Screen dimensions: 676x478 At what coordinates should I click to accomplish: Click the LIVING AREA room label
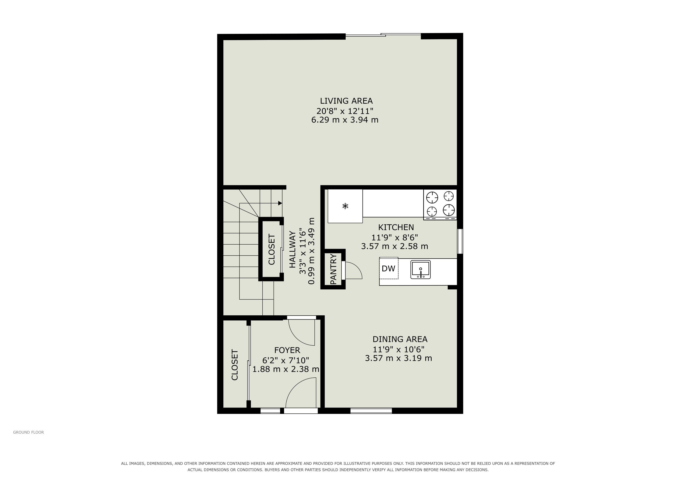(x=346, y=101)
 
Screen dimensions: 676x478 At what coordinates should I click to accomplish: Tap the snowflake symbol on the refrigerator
(x=345, y=206)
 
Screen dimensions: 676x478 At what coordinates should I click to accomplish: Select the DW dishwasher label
(x=388, y=268)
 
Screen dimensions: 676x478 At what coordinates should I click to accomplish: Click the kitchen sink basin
(x=420, y=269)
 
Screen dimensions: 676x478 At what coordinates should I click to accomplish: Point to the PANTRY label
(x=333, y=269)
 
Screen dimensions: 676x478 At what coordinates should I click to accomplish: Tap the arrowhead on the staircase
(x=280, y=203)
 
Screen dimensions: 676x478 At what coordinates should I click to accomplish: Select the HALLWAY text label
(x=292, y=250)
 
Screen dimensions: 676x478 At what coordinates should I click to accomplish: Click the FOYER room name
(x=287, y=350)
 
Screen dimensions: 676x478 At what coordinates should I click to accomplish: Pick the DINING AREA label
(x=400, y=339)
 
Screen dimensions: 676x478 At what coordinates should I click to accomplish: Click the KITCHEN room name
(x=396, y=227)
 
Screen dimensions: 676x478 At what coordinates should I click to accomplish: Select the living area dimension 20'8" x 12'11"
(x=345, y=111)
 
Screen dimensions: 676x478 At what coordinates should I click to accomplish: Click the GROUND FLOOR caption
(x=28, y=432)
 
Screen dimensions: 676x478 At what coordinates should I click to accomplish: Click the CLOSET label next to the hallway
(x=271, y=249)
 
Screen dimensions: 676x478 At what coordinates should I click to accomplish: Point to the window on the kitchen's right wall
(x=460, y=241)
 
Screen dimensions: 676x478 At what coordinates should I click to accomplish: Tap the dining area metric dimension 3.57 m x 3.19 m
(x=398, y=358)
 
